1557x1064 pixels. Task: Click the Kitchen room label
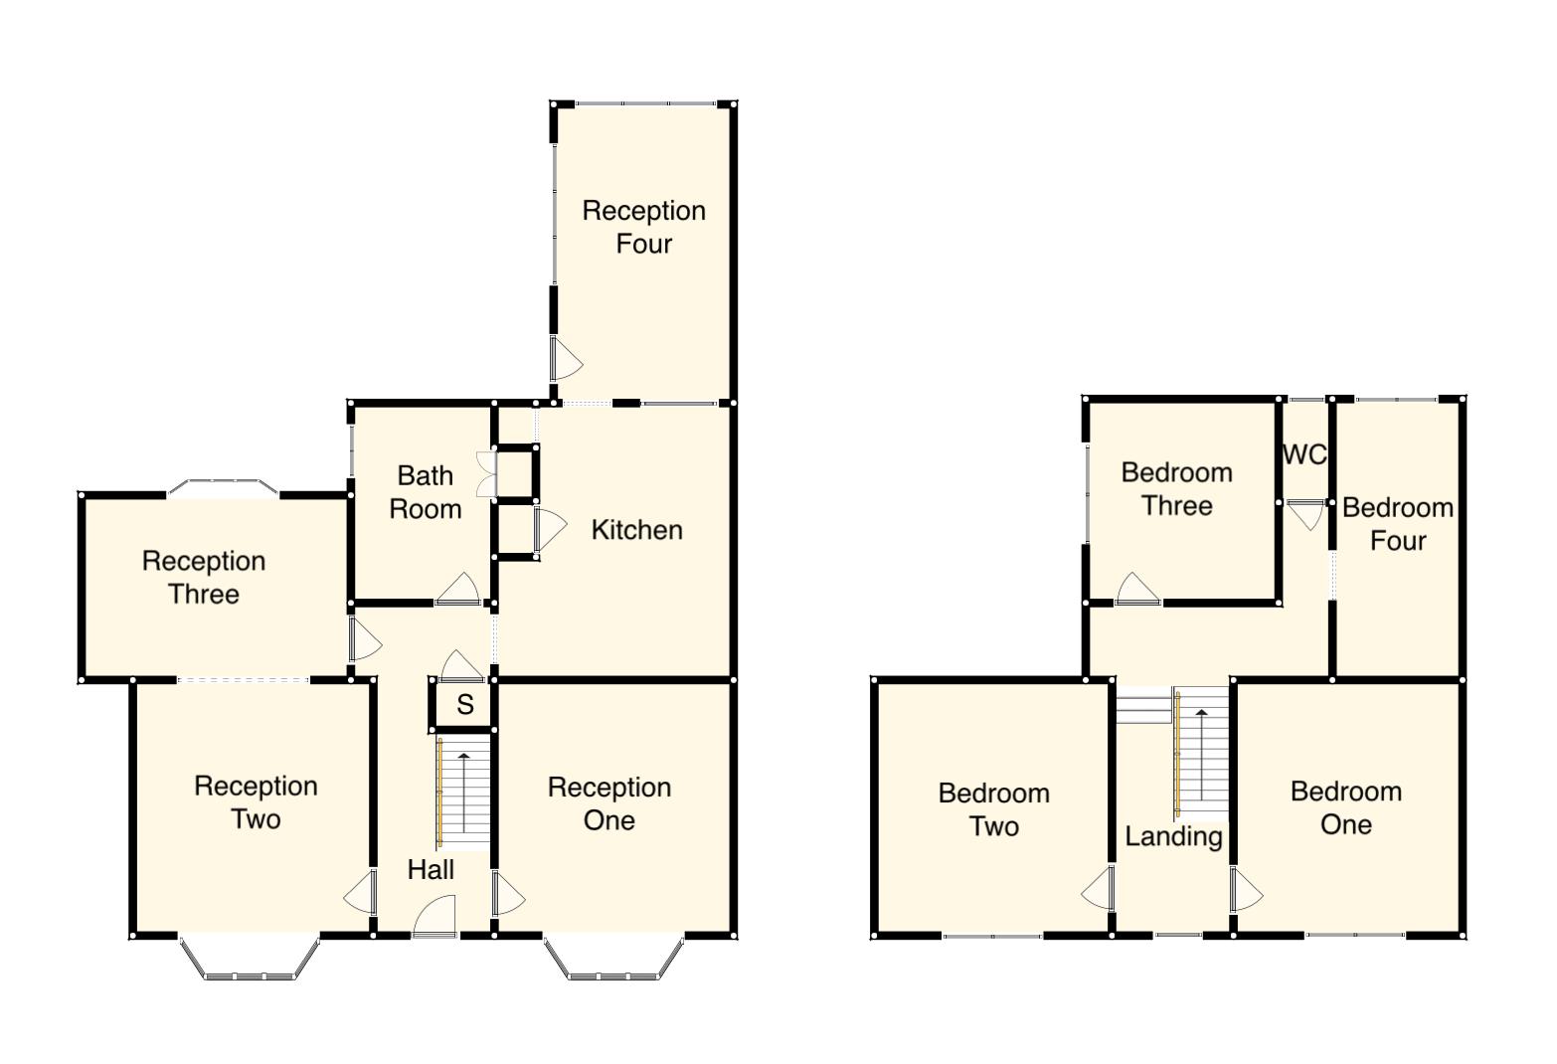pos(636,530)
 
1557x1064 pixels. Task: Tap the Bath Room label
pos(426,492)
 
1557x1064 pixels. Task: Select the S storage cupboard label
pos(464,705)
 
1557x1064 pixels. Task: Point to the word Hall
pos(431,870)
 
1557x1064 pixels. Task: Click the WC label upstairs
pos(1304,454)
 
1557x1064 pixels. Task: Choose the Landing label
pos(1173,836)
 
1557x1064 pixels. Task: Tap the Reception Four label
pos(643,227)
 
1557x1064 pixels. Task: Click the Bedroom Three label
pos(1176,489)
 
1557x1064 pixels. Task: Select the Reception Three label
pos(204,578)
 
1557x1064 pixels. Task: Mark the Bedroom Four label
pos(1397,524)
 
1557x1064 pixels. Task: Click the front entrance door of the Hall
pos(434,917)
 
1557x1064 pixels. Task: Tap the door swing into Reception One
pos(508,894)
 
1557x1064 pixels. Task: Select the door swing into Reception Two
pos(361,894)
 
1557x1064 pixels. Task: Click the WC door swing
pos(1304,514)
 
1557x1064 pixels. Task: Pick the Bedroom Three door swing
pos(1137,589)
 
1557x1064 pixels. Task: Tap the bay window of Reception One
pos(613,960)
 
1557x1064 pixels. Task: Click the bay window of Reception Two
pos(251,960)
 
